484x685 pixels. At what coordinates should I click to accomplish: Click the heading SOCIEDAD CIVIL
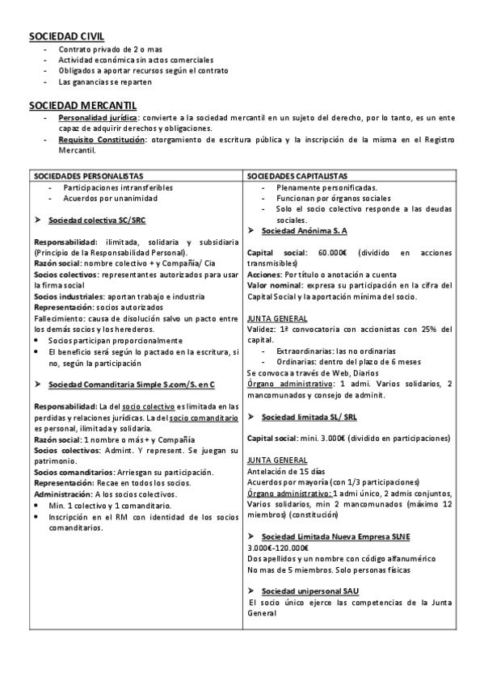[65, 36]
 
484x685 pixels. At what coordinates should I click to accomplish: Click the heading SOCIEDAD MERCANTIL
[82, 105]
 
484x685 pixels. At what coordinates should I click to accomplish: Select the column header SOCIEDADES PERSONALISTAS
[88, 175]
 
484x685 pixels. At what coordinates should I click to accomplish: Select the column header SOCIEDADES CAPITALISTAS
[297, 175]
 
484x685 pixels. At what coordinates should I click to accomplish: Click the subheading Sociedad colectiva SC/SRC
[97, 220]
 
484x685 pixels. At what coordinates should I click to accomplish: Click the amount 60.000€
[333, 253]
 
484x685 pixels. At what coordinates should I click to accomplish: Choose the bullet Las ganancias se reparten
[103, 82]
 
